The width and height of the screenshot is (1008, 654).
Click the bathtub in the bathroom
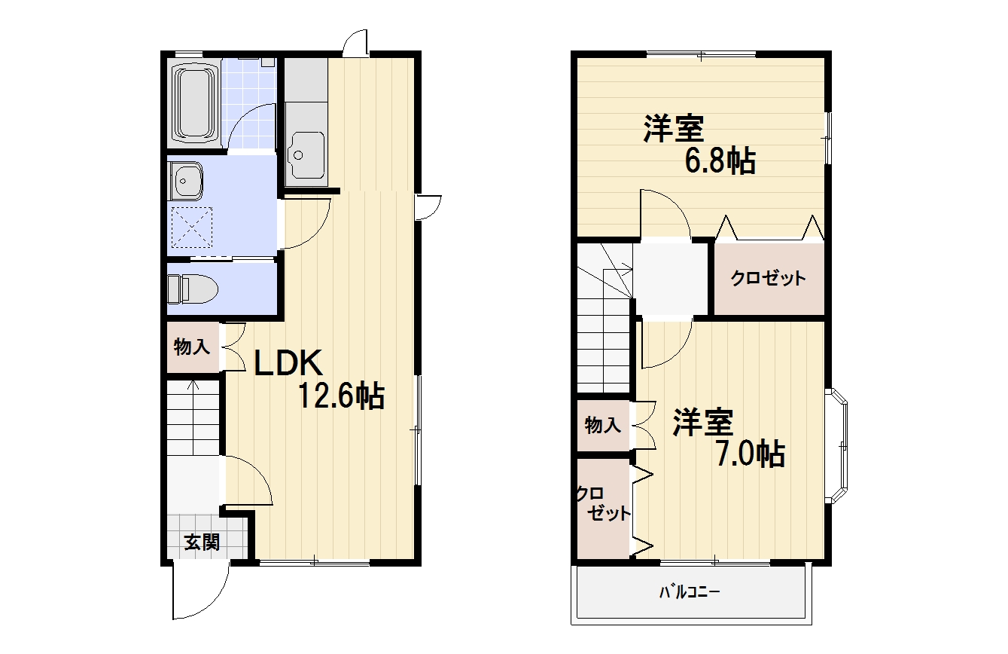coord(194,103)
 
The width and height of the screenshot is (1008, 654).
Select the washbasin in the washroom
coord(185,181)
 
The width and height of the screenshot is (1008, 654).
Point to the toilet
coord(193,289)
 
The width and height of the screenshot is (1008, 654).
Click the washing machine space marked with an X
coord(193,227)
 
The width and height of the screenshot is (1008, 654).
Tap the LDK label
coord(288,363)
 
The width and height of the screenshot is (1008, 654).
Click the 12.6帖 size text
coord(342,396)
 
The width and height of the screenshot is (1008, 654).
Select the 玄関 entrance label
coord(202,542)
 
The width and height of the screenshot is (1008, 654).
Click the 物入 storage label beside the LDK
coord(192,347)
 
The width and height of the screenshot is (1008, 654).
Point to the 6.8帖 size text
coord(720,160)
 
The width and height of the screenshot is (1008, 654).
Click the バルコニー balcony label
coord(690,592)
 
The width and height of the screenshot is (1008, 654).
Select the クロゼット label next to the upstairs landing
coord(768,278)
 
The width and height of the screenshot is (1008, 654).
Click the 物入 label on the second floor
coord(603,425)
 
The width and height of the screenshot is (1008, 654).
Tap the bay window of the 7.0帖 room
coord(837,445)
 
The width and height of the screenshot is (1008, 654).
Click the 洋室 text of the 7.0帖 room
coord(704,422)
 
